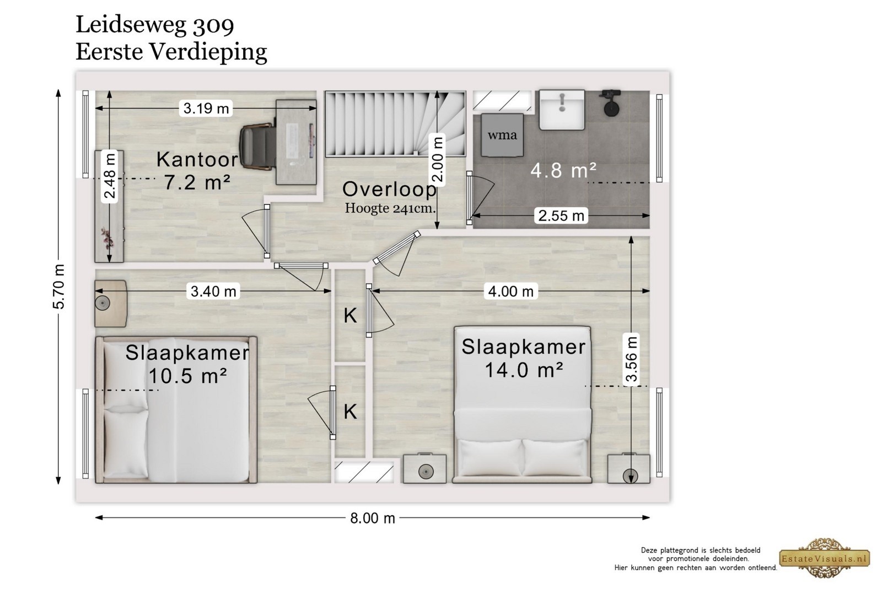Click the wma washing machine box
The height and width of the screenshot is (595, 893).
pos(502,135)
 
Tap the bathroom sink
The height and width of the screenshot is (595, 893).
pos(562,110)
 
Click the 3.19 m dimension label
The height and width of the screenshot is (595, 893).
pos(206,108)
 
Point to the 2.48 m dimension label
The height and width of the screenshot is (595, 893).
pos(109,176)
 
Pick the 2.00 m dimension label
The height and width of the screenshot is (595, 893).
pos(437,159)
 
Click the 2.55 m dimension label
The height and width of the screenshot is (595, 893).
pos(561,215)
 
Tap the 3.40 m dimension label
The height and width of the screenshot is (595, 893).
pos(213,291)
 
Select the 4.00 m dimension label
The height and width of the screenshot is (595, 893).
pos(510,291)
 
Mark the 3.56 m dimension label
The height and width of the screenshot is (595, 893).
pos(631,359)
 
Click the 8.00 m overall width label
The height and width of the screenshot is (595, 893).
pos(372,518)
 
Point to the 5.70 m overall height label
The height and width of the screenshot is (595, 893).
pos(58,286)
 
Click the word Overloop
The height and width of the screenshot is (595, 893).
pos(390,190)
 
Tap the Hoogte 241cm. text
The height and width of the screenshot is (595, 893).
pos(390,208)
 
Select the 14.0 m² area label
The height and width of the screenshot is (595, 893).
pos(524,370)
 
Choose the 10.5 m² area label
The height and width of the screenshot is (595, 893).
pos(187,375)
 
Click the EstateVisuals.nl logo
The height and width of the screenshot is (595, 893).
pos(825,558)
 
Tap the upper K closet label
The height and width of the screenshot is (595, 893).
pos(350,316)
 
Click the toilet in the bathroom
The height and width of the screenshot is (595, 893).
pos(611,103)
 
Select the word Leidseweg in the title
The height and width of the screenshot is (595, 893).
pos(131,25)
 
